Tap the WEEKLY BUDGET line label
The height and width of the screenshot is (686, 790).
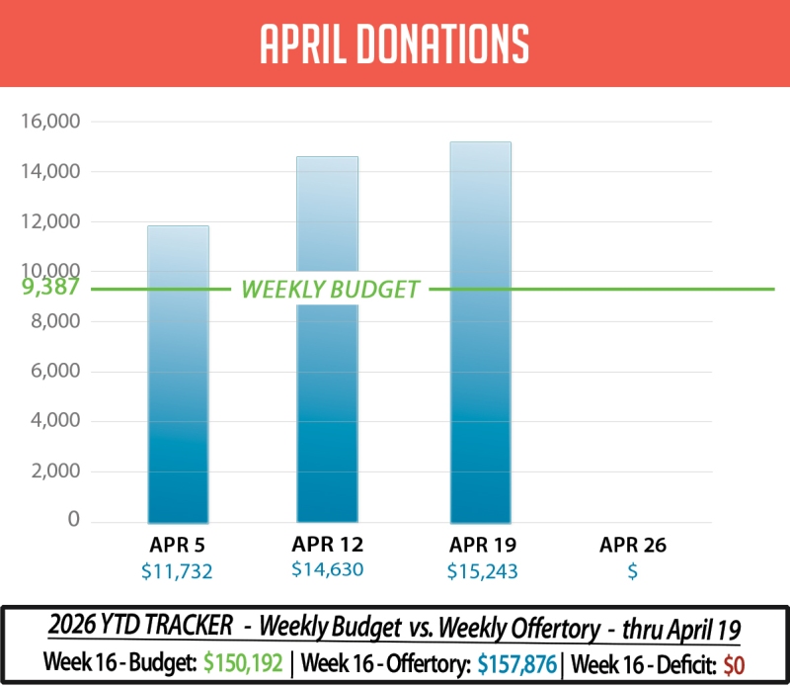point(331,290)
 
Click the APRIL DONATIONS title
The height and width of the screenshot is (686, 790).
point(395,43)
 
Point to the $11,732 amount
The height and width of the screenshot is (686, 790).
point(178,570)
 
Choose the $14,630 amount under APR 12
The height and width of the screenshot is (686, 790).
point(328,569)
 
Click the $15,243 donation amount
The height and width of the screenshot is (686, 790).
point(483,570)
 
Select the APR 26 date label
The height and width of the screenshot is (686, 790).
point(633,545)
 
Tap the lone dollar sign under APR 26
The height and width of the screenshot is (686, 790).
point(632,570)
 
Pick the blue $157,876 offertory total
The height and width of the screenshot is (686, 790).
point(513,661)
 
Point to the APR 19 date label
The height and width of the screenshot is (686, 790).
point(483,545)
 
